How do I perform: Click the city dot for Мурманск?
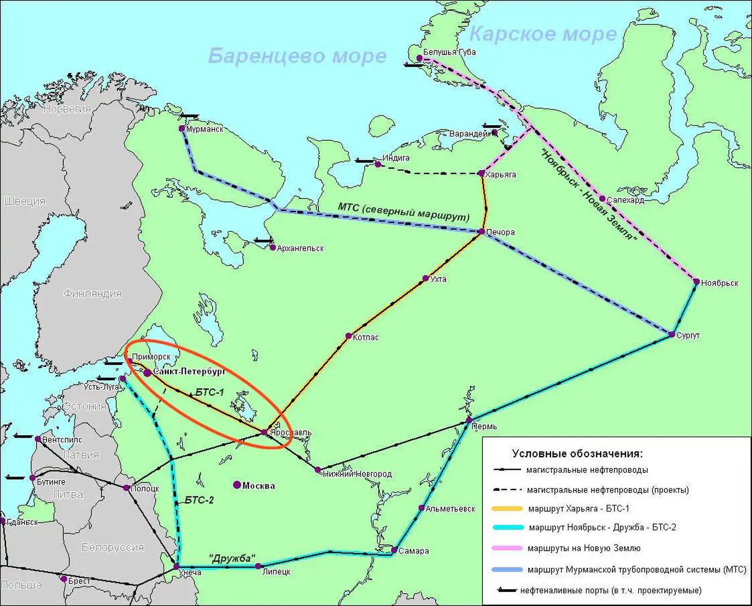182,129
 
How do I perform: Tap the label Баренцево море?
297,56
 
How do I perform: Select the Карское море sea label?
543,34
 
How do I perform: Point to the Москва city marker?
237,485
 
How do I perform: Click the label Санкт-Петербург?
189,371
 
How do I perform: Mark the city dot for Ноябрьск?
697,282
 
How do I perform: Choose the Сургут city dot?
672,335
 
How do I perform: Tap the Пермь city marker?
469,420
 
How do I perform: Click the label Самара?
414,551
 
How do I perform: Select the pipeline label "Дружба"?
232,558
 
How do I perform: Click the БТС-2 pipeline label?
199,500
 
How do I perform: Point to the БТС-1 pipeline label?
209,392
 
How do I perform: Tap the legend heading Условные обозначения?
577,453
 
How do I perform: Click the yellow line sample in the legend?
507,508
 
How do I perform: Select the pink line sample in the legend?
507,549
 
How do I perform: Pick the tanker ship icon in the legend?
507,590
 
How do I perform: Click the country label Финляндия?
92,294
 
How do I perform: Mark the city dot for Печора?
481,232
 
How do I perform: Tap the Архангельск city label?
300,248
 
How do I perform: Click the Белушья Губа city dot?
419,58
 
